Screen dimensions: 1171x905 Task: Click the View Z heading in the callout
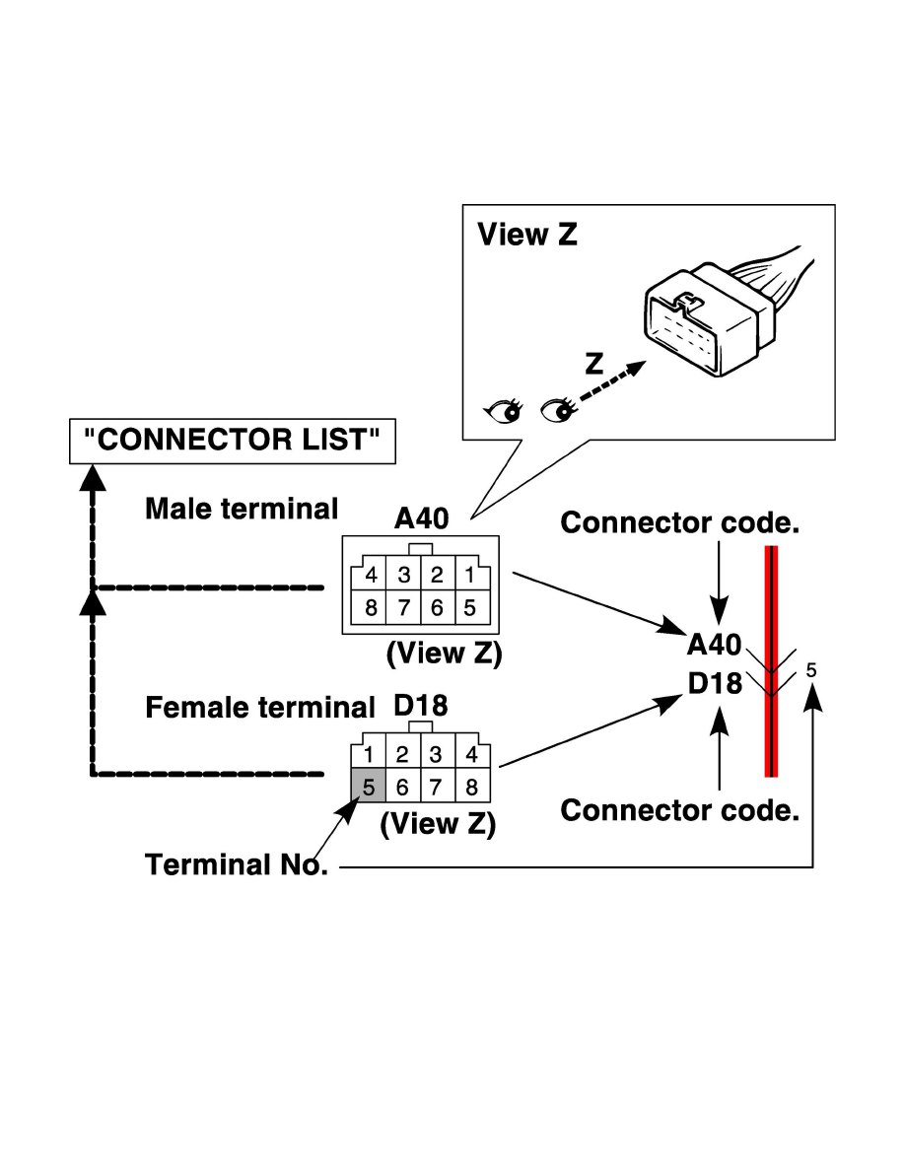pyautogui.click(x=526, y=235)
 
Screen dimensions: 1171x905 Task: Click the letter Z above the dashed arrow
pyautogui.click(x=592, y=363)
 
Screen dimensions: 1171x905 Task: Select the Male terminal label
pyautogui.click(x=242, y=509)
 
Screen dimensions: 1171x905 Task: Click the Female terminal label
pyautogui.click(x=260, y=708)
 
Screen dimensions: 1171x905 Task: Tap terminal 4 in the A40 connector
pyautogui.click(x=371, y=575)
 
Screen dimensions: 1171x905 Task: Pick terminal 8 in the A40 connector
pyautogui.click(x=371, y=608)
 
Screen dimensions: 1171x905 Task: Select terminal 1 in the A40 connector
pyautogui.click(x=469, y=575)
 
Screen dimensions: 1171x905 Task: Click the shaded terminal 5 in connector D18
pyautogui.click(x=368, y=787)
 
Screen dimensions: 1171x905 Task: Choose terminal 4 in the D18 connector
pyautogui.click(x=470, y=755)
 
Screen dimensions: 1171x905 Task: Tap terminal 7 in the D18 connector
pyautogui.click(x=437, y=787)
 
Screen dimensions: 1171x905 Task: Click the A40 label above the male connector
pyautogui.click(x=422, y=520)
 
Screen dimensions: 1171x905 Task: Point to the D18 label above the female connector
pyautogui.click(x=421, y=706)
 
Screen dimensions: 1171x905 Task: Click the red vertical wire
pyautogui.click(x=772, y=660)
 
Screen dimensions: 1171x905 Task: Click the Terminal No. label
pyautogui.click(x=237, y=864)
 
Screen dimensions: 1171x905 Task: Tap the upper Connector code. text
pyautogui.click(x=679, y=523)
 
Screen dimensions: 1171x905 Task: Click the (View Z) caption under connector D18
pyautogui.click(x=438, y=823)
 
